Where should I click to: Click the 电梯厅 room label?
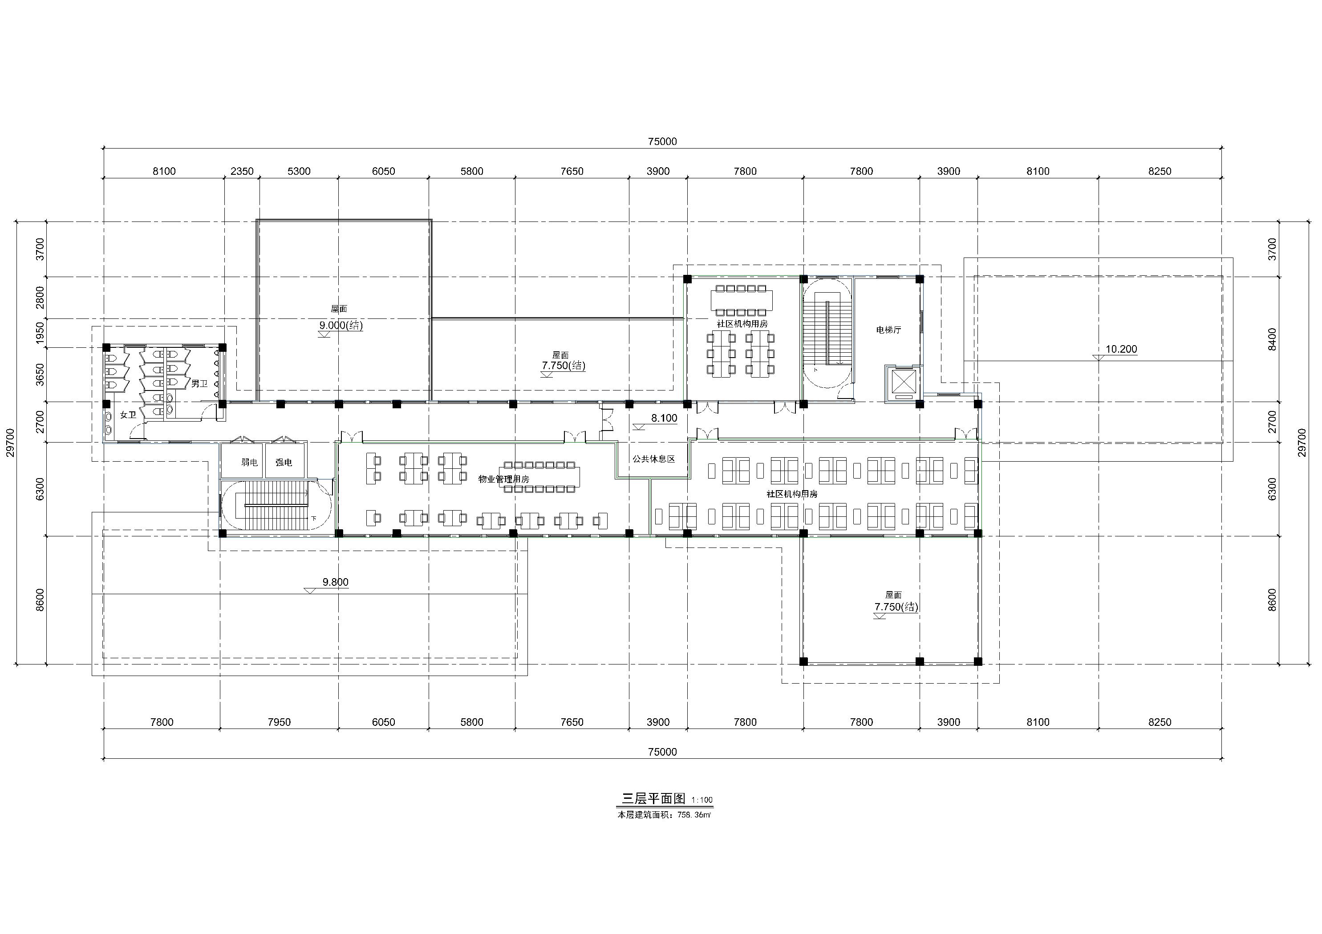[888, 330]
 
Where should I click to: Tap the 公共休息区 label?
[653, 459]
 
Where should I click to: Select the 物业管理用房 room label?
[504, 479]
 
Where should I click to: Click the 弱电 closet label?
[249, 462]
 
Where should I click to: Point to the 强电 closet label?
[283, 462]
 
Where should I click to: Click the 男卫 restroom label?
[199, 383]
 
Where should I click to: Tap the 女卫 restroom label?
[128, 415]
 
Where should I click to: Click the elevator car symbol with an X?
[902, 382]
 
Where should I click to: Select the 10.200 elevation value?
[1121, 349]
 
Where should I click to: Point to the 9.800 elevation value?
[335, 582]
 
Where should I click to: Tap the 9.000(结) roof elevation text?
[341, 325]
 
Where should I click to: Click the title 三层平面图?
[653, 799]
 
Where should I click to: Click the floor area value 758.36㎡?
[694, 815]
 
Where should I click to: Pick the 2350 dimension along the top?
[242, 171]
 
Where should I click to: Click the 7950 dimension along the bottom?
[279, 722]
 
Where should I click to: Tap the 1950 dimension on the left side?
[40, 333]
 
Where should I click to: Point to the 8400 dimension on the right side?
[1273, 339]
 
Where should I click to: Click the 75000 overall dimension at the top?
[662, 141]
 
